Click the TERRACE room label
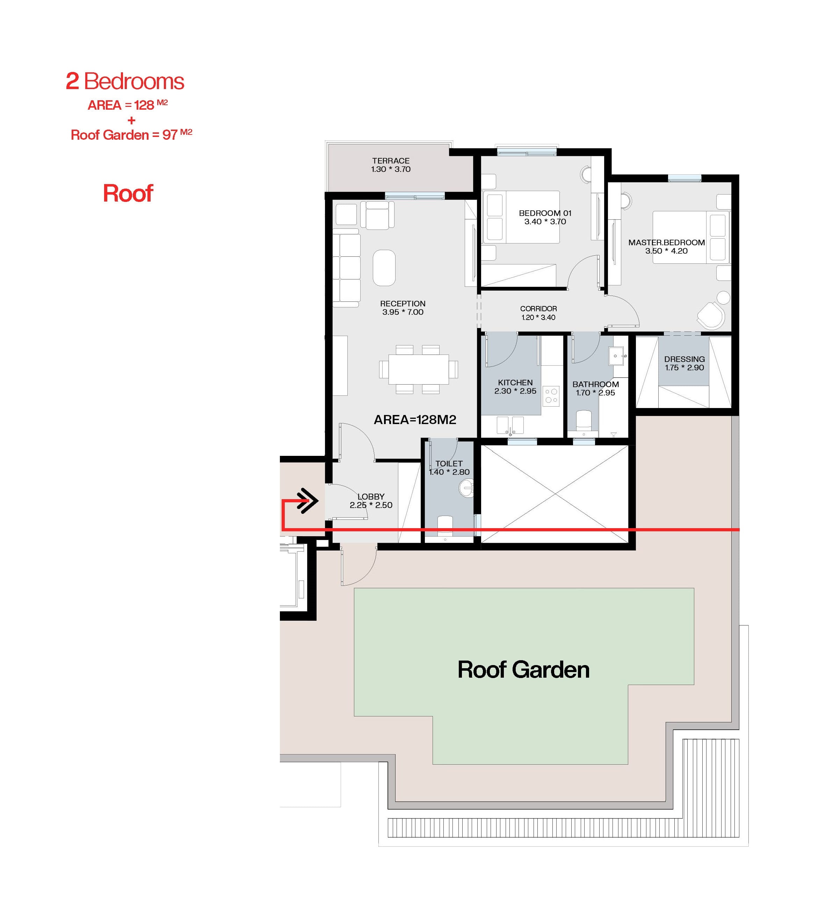[391, 161]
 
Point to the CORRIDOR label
[538, 309]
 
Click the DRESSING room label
[684, 359]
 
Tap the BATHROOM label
[595, 385]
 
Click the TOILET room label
[449, 464]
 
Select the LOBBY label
[371, 497]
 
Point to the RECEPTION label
[403, 304]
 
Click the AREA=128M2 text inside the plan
[415, 420]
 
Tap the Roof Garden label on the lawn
[523, 670]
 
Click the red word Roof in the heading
[128, 194]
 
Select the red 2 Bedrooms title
[125, 81]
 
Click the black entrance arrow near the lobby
[308, 501]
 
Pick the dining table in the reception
[419, 369]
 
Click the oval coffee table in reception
[384, 268]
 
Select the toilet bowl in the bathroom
[584, 420]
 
